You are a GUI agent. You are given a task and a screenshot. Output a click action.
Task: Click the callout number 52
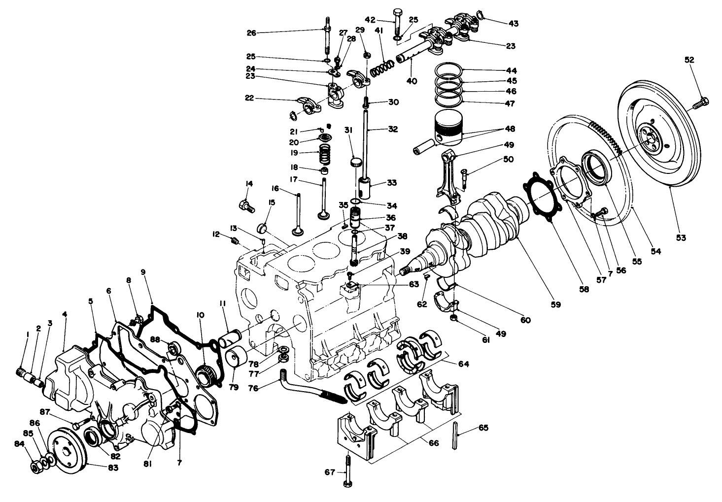tap(689, 60)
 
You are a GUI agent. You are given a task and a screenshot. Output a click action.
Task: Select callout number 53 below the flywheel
tap(681, 238)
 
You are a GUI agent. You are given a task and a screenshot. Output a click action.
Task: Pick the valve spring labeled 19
tap(324, 155)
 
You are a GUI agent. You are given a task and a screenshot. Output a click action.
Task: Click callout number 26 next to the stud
tap(251, 33)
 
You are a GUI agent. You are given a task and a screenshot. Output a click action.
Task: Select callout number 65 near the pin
tap(483, 428)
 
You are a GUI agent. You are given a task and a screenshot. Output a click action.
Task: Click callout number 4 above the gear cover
tap(65, 314)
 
